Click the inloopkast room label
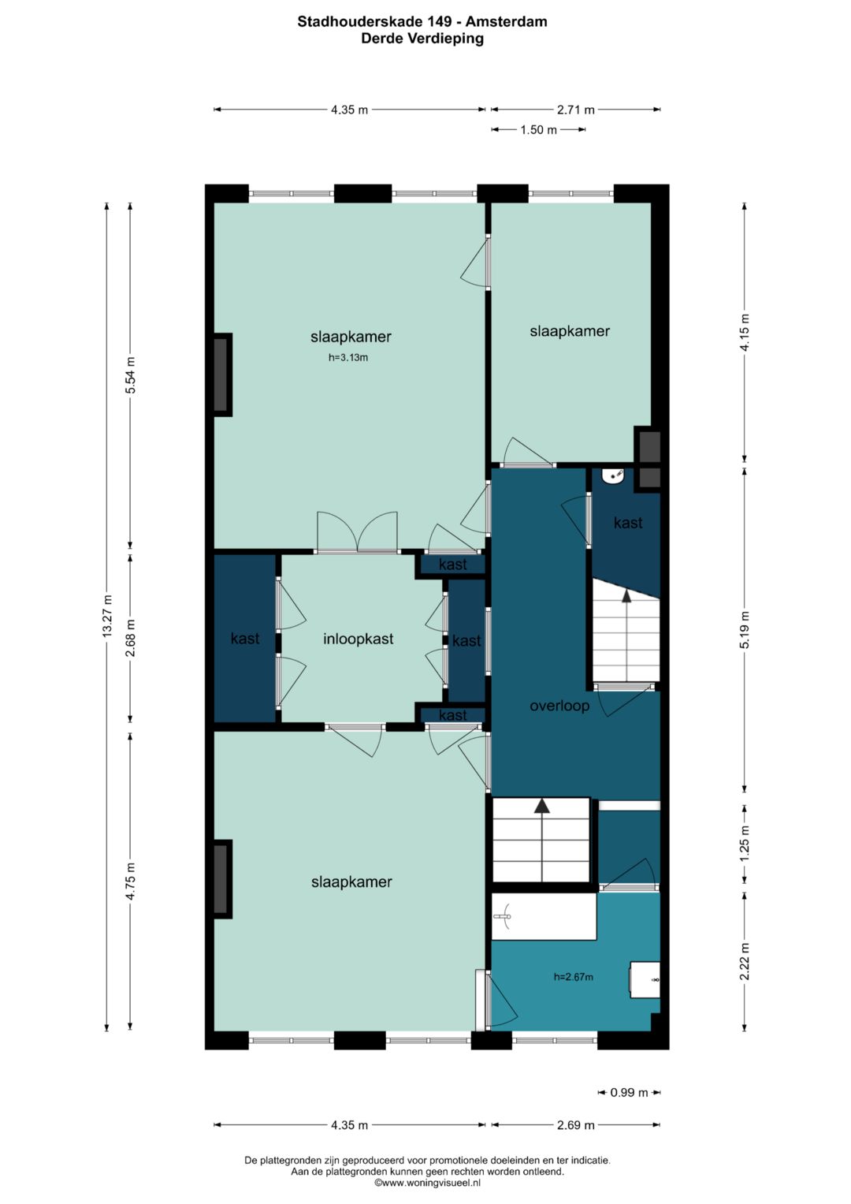pos(359,639)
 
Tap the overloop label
pos(559,706)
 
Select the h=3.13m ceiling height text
pos(348,357)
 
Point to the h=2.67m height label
pos(574,977)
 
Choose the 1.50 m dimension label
pos(539,129)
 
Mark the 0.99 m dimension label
pos(630,1092)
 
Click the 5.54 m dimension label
pos(131,375)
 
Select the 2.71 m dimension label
pos(576,110)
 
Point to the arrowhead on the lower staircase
pos(542,805)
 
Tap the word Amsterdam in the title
pos(506,22)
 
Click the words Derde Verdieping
pos(422,39)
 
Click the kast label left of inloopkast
pos(245,639)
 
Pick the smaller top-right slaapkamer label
pos(570,331)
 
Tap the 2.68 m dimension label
pos(131,638)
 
